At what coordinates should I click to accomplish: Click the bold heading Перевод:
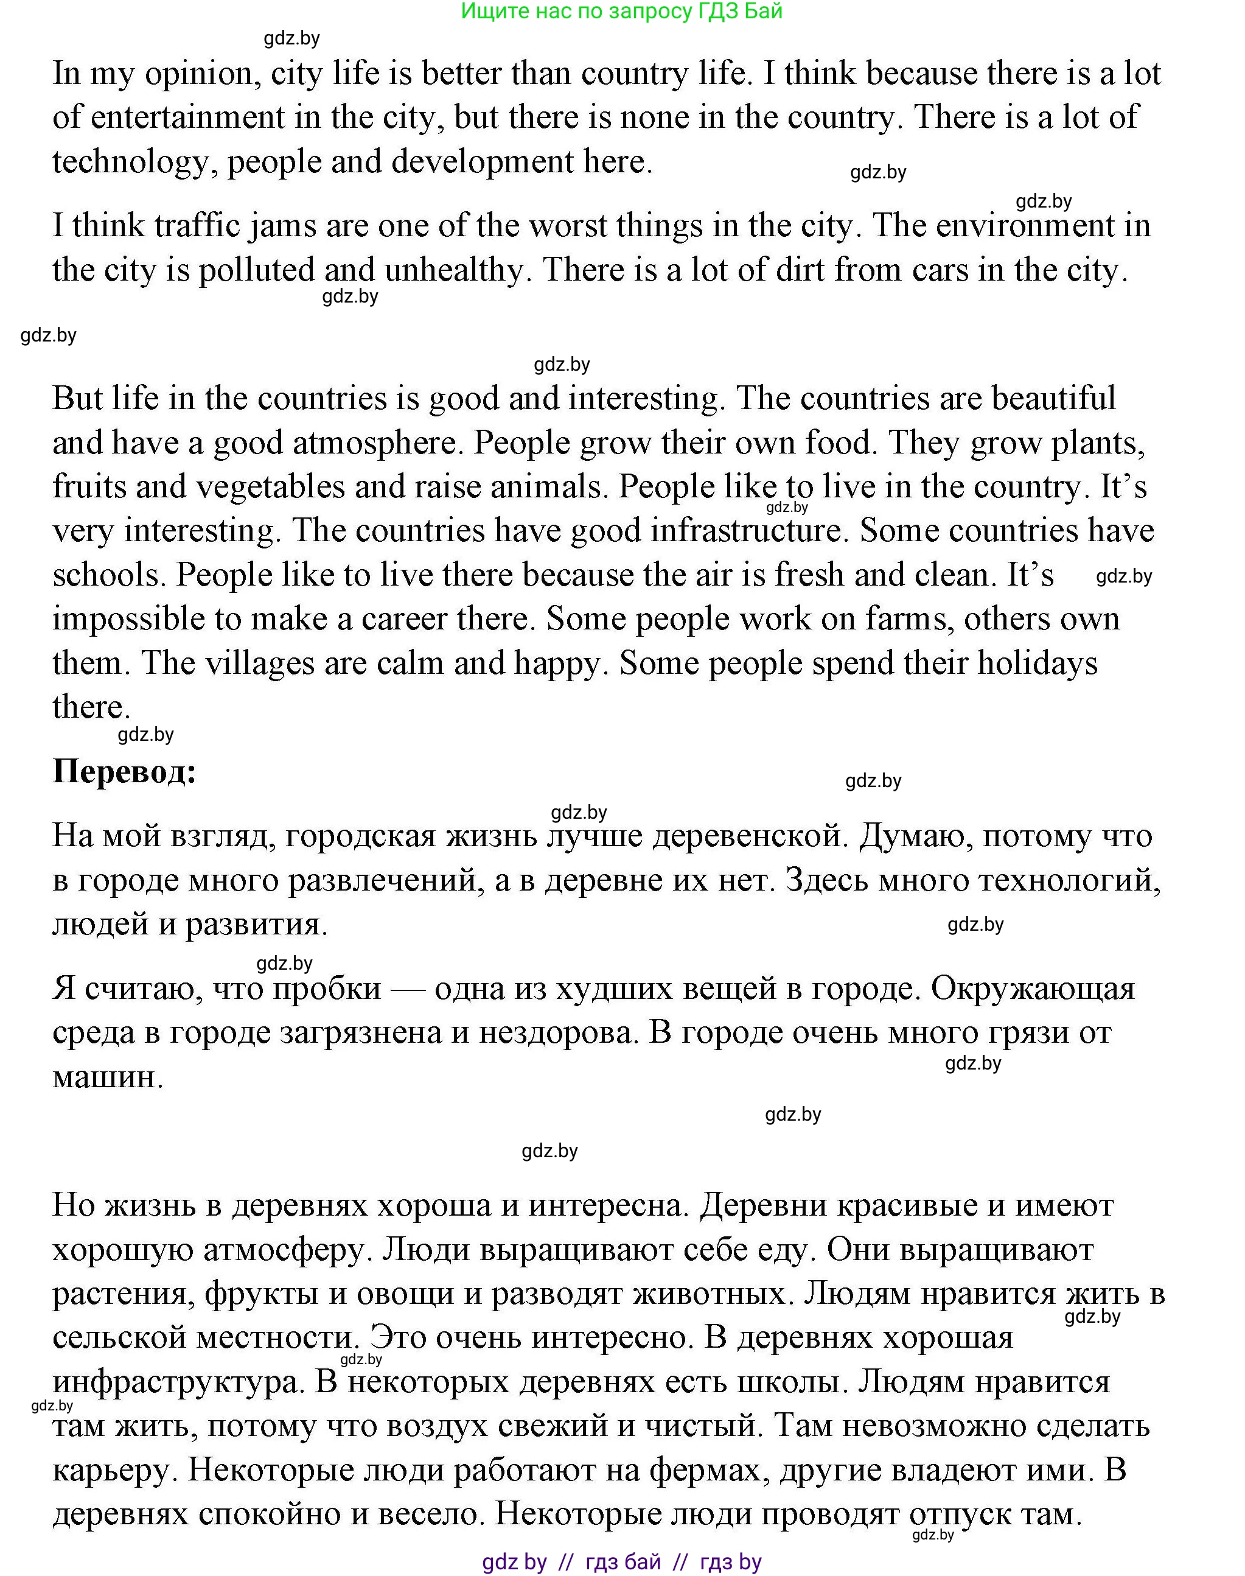(x=125, y=772)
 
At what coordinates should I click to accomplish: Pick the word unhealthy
(x=453, y=270)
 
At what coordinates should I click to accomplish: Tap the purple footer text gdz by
(x=515, y=1561)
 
